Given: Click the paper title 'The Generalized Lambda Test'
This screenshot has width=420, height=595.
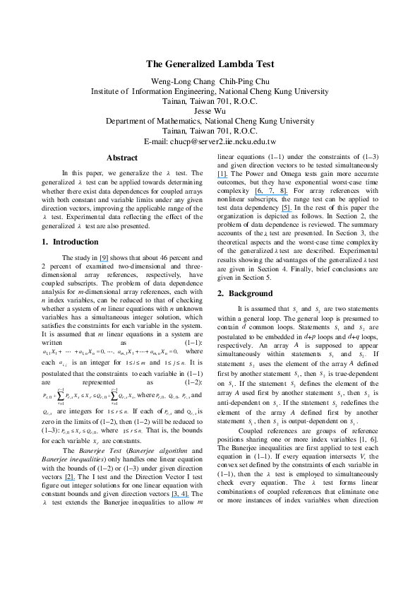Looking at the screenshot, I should coord(210,64).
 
